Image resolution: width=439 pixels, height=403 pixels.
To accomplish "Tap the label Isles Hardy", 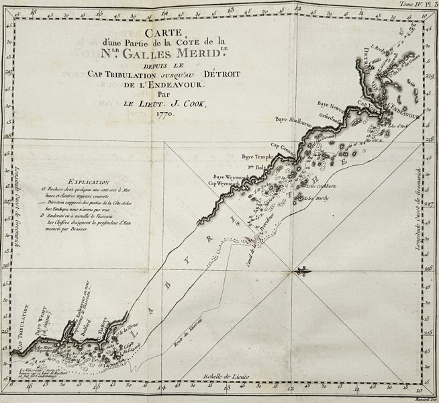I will pyautogui.click(x=315, y=197).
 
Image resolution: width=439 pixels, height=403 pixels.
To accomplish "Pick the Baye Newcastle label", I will pyautogui.click(x=332, y=105).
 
